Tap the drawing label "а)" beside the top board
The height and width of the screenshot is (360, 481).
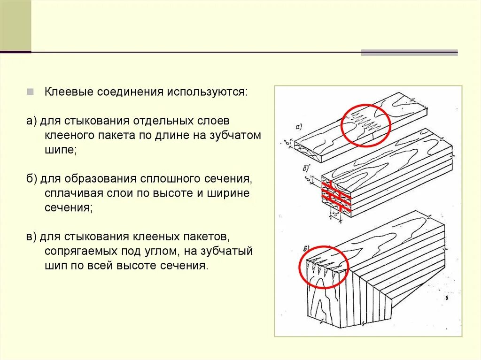click(299, 126)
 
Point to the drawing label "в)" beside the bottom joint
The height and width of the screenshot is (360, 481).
click(306, 248)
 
